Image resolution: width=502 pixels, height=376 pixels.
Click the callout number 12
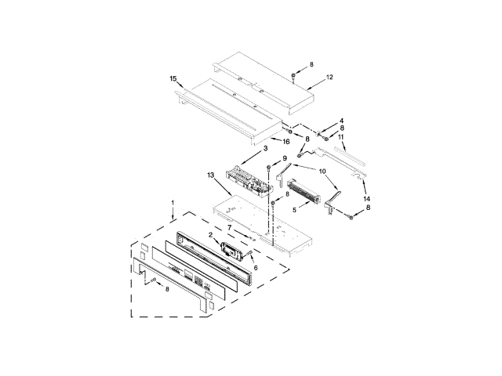tap(329, 77)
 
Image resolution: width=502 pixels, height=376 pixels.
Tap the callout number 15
tap(173, 78)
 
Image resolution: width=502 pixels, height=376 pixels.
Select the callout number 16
tap(286, 141)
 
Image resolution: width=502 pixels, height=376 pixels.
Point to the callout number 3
tap(265, 148)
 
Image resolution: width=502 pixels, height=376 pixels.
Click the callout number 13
tap(210, 175)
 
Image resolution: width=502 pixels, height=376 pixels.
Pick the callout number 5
tap(295, 210)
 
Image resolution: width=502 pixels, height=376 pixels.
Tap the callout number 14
tap(366, 199)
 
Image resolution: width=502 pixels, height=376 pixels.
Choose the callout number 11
tap(341, 137)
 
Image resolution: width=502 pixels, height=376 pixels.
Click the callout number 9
tap(285, 158)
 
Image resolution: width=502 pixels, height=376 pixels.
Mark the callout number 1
tap(173, 203)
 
